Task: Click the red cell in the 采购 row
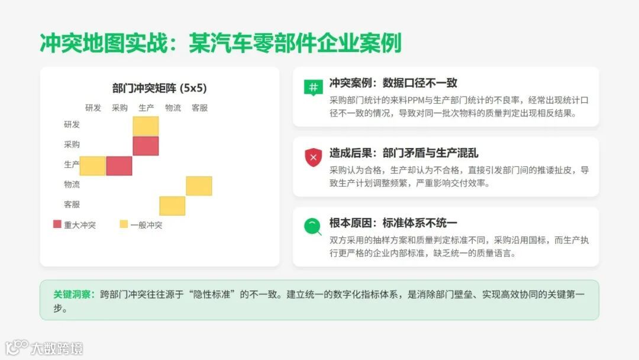click(146, 146)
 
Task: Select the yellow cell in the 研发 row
click(146, 126)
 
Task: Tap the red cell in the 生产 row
click(119, 166)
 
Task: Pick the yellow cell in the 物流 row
click(199, 185)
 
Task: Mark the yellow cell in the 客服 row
click(172, 205)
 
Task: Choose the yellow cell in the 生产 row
click(92, 166)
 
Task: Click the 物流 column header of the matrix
click(173, 108)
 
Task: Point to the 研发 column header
click(93, 108)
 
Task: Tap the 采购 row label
click(72, 144)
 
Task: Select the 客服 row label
click(72, 204)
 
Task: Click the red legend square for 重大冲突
click(57, 224)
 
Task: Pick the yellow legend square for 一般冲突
click(124, 224)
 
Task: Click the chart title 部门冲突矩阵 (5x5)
click(159, 88)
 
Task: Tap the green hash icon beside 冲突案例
click(312, 86)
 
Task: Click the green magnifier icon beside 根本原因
click(312, 226)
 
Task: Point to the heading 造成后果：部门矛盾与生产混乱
click(404, 153)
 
